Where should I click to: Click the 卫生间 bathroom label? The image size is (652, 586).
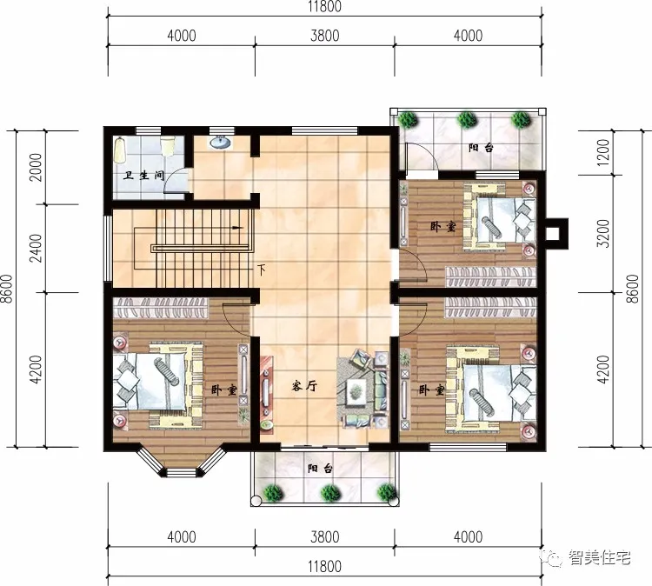pyautogui.click(x=144, y=175)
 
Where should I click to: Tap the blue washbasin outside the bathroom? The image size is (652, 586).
pyautogui.click(x=221, y=142)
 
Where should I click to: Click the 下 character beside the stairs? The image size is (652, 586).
pyautogui.click(x=261, y=270)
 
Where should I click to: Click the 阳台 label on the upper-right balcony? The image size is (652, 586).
pyautogui.click(x=481, y=148)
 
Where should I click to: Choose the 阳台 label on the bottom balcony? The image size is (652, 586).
pyautogui.click(x=320, y=469)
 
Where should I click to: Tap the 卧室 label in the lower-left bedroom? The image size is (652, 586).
pyautogui.click(x=223, y=390)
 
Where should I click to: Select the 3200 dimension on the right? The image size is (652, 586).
pyautogui.click(x=611, y=232)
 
